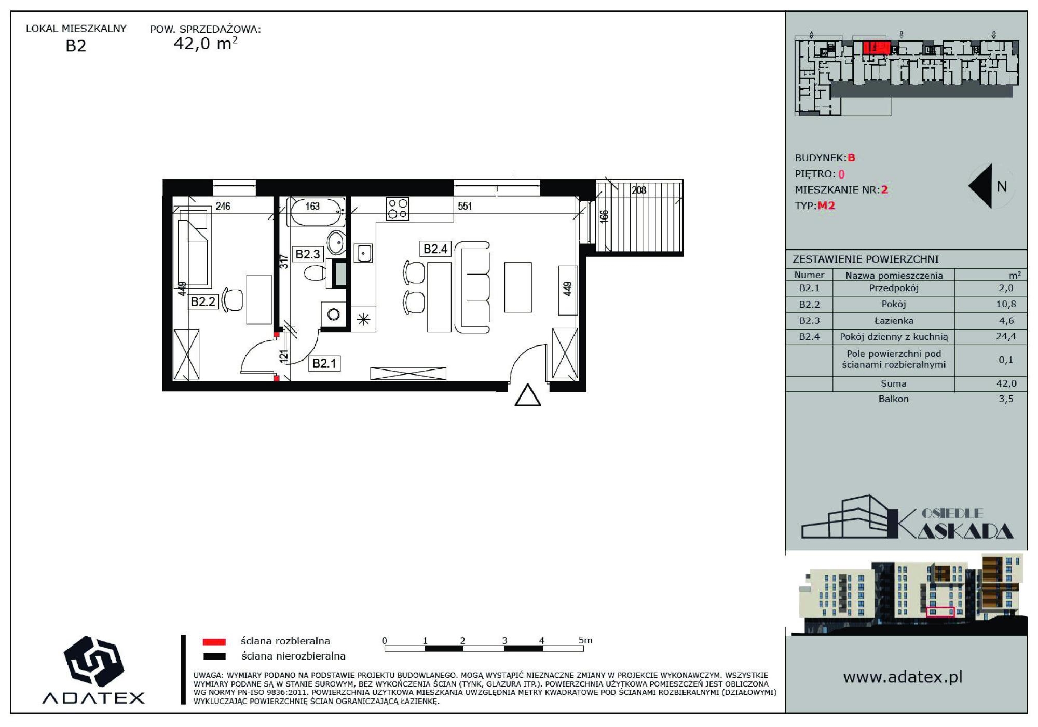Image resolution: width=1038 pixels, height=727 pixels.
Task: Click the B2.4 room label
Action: pyautogui.click(x=435, y=249)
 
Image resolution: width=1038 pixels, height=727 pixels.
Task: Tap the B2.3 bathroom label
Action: pyautogui.click(x=308, y=254)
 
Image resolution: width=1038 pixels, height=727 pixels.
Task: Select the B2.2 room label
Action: pyautogui.click(x=203, y=302)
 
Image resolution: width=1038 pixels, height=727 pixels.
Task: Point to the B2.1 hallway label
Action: pyautogui.click(x=324, y=363)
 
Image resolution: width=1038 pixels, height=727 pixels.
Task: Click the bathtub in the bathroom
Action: pyautogui.click(x=316, y=212)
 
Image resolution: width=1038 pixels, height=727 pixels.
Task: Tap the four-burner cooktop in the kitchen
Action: pyautogui.click(x=398, y=209)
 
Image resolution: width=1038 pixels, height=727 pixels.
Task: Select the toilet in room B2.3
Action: pyautogui.click(x=315, y=273)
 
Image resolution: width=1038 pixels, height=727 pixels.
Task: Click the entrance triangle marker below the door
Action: pyautogui.click(x=528, y=395)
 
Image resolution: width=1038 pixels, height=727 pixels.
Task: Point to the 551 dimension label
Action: pyautogui.click(x=465, y=206)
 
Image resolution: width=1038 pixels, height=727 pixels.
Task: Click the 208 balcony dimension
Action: pyautogui.click(x=639, y=190)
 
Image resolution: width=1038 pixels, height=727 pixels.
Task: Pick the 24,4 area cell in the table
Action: pyautogui.click(x=1006, y=336)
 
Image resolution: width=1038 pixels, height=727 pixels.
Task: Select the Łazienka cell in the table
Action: pyautogui.click(x=894, y=321)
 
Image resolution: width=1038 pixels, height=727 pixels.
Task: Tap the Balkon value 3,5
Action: pyautogui.click(x=1006, y=399)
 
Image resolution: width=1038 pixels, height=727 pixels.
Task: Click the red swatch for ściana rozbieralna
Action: pyautogui.click(x=214, y=642)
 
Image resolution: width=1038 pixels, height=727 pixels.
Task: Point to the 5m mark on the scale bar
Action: pyautogui.click(x=585, y=640)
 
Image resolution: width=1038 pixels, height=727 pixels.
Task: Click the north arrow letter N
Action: pyautogui.click(x=1002, y=186)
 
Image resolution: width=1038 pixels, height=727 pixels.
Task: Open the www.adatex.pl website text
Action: pyautogui.click(x=903, y=677)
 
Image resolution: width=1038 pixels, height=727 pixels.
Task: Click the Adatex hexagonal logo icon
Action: pyautogui.click(x=93, y=662)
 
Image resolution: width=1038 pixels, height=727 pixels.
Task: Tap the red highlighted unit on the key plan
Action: pyautogui.click(x=877, y=48)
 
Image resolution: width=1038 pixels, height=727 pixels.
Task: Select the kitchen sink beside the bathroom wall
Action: pyautogui.click(x=363, y=254)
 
